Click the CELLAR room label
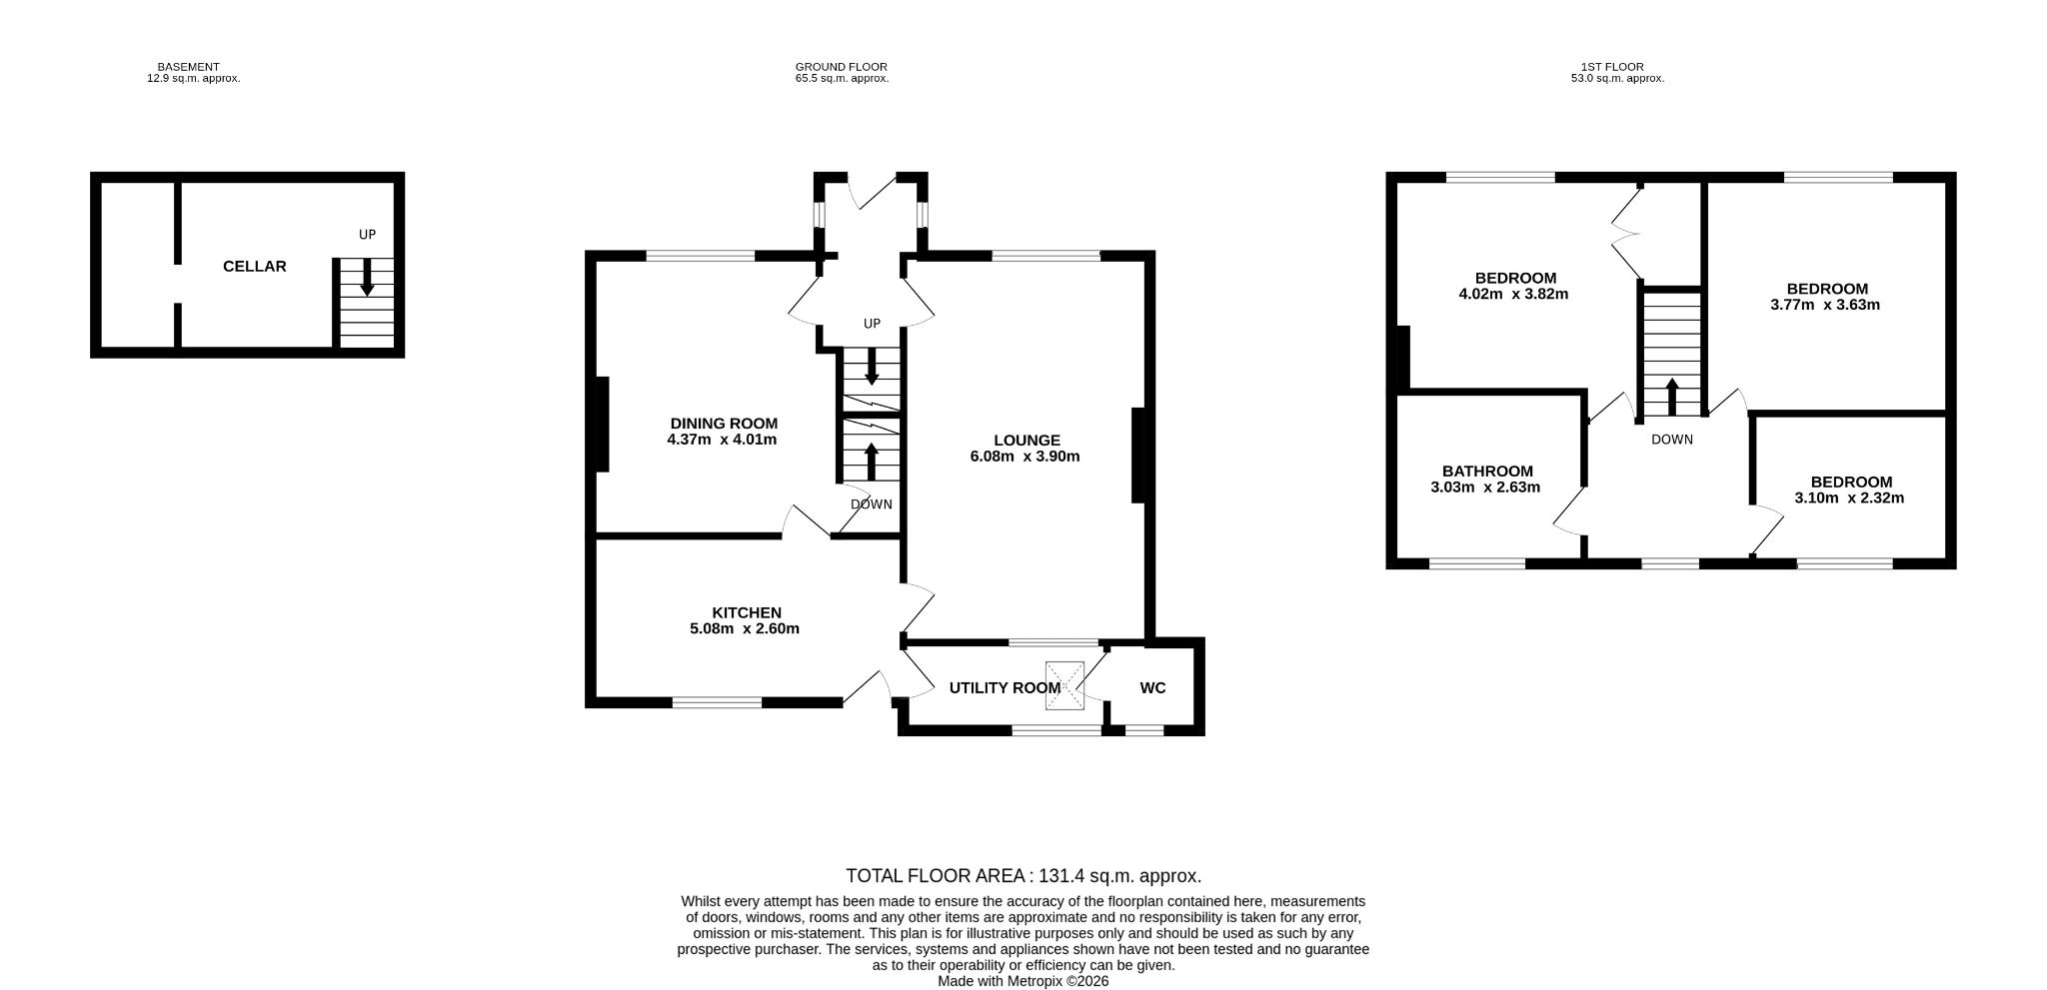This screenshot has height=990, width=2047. tap(255, 267)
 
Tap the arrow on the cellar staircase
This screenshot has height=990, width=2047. tap(367, 277)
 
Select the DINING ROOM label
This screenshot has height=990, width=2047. tap(724, 424)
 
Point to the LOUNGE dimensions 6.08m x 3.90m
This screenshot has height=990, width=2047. tap(1025, 457)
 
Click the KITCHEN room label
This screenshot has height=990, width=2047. tap(747, 612)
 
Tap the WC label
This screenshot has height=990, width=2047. tap(1152, 688)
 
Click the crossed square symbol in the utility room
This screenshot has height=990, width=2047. tap(1064, 685)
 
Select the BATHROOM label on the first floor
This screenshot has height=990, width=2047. tap(1487, 472)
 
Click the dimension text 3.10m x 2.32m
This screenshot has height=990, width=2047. tap(1849, 497)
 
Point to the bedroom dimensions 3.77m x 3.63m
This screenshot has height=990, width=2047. tap(1825, 305)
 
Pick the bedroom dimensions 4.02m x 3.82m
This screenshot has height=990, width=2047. tap(1514, 294)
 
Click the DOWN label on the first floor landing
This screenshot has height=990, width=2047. tap(1672, 440)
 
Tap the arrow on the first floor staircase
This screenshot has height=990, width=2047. tap(1672, 397)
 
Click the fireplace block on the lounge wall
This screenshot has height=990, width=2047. tap(1137, 455)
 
